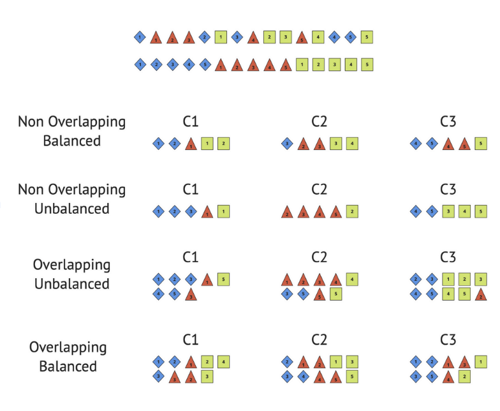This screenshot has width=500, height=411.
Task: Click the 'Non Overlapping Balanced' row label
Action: (71, 131)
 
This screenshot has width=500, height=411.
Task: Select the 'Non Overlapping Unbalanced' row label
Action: (71, 199)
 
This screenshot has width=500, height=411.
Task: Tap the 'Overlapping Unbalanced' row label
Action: (71, 274)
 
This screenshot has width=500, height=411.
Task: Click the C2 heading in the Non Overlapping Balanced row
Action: (320, 121)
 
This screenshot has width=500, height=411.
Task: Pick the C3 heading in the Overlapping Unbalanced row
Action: (448, 257)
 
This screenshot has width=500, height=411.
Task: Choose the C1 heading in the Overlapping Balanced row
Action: (191, 340)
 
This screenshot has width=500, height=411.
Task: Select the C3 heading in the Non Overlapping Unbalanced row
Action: (448, 189)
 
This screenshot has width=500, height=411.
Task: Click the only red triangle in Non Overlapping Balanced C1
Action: (190, 144)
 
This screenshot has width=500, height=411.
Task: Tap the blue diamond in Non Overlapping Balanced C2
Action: (287, 144)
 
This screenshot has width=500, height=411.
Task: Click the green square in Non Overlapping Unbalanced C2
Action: (351, 211)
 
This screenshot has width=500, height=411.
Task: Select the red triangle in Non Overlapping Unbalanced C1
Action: (207, 211)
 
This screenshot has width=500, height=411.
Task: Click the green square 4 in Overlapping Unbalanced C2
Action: (351, 280)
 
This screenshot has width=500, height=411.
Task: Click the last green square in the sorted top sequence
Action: (367, 64)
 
